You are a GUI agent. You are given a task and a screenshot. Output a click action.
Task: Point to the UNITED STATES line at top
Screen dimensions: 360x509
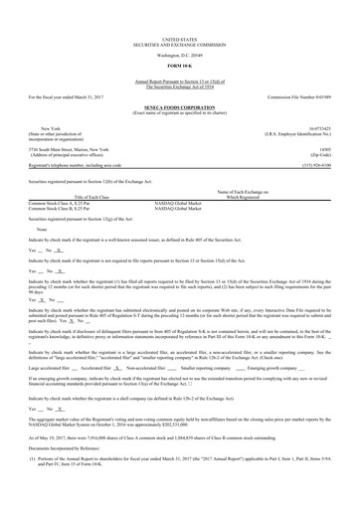tap(180, 9)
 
